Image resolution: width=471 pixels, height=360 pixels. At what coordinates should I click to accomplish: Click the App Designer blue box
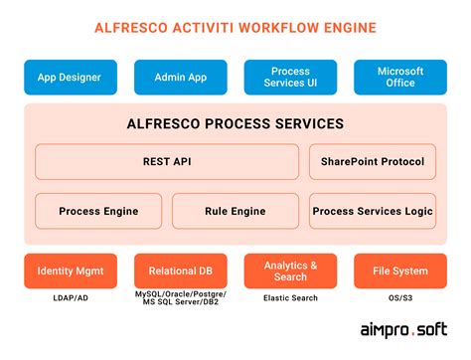[x=71, y=77]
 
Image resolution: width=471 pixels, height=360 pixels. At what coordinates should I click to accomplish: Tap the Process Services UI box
[x=290, y=77]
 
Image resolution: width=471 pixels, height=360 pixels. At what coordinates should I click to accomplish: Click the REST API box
[x=167, y=162]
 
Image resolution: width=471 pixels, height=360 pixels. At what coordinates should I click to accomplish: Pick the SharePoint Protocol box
[x=373, y=162]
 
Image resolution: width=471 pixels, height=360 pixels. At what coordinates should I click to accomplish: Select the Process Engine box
[x=98, y=211]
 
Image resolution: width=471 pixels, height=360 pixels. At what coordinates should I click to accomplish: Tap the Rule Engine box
[x=235, y=211]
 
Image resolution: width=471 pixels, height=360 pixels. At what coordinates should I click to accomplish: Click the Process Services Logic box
[x=373, y=211]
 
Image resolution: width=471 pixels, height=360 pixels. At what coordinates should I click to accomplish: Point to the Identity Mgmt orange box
[x=71, y=270]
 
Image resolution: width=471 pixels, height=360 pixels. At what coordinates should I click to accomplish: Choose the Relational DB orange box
[x=180, y=270]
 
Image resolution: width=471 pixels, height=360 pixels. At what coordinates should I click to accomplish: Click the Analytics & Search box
[x=290, y=270]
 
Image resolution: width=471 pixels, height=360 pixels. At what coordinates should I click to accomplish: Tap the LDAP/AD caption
[x=71, y=298]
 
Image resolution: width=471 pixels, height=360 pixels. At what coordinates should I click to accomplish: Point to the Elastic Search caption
[x=290, y=298]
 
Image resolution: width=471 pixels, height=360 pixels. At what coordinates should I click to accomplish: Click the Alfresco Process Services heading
[x=235, y=124]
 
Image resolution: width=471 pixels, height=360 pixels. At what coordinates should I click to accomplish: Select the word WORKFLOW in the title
[x=280, y=27]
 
